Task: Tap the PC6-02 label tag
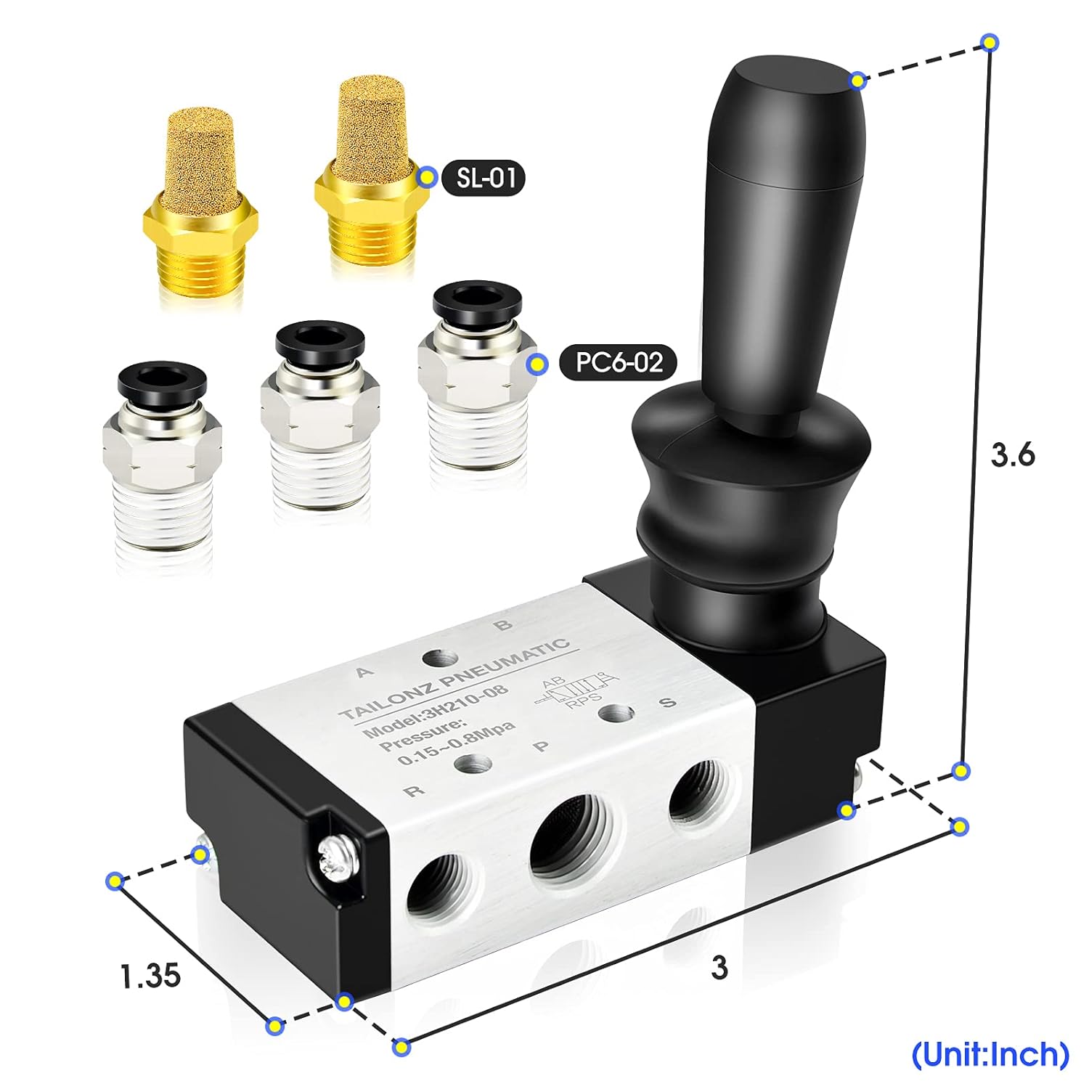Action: pos(618,362)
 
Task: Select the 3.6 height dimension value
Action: pos(1012,455)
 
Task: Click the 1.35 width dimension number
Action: pos(150,976)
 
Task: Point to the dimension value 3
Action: pos(719,967)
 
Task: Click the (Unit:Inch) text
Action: pos(990,1053)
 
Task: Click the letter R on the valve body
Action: pos(415,791)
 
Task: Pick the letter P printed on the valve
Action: pos(541,746)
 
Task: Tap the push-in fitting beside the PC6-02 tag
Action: pos(473,378)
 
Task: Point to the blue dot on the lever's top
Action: pos(858,80)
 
